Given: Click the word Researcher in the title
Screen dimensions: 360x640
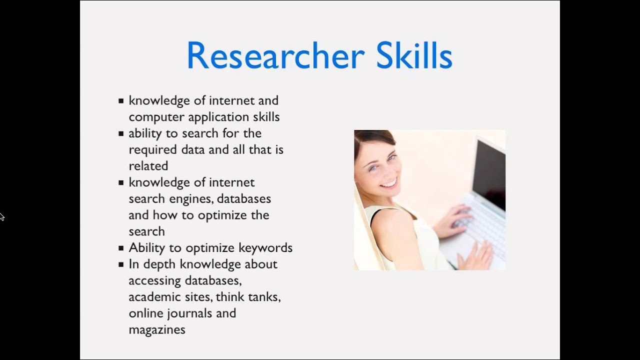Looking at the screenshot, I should pos(275,55).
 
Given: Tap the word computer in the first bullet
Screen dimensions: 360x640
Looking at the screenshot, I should pos(156,117).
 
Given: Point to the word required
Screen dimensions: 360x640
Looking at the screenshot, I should pos(153,149).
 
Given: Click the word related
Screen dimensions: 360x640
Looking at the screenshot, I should pos(148,165).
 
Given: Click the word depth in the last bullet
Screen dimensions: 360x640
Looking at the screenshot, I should pos(160,264).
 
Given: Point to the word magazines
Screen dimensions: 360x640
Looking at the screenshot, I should pos(157,329).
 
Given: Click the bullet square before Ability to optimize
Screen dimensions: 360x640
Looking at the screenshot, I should pos(121,248).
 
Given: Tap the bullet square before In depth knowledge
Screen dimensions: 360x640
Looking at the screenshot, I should pos(121,264).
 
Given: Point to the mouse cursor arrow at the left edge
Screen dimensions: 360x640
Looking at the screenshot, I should pos(1,216).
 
